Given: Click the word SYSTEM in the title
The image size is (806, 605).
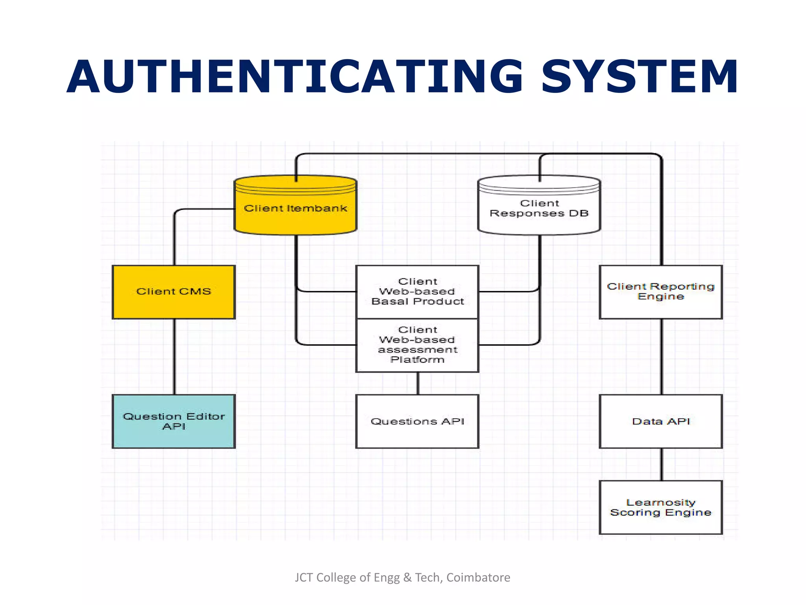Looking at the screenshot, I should click(639, 77).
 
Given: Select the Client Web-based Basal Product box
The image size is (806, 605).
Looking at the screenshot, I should click(417, 292).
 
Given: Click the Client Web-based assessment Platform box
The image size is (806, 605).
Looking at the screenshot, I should click(417, 345).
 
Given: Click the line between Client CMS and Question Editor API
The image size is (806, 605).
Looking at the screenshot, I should click(174, 356).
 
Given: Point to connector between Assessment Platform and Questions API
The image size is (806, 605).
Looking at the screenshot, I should click(418, 383).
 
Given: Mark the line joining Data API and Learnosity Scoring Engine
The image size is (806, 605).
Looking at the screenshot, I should click(662, 464).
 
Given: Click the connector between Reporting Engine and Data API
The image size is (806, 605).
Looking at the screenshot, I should click(662, 356).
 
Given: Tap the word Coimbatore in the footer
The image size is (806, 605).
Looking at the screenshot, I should click(478, 577).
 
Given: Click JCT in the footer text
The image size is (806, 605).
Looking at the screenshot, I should click(304, 577).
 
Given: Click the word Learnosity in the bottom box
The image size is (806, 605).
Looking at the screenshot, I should click(660, 503).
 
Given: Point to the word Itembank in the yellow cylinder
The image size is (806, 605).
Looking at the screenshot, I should click(317, 208).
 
